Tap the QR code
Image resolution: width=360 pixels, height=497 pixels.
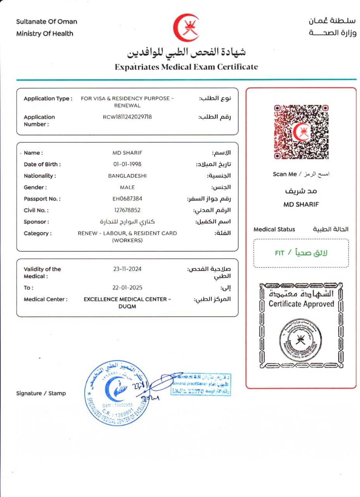pyautogui.click(x=301, y=132)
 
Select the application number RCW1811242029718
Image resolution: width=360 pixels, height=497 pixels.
pyautogui.click(x=127, y=117)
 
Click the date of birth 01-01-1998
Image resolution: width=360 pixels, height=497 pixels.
pyautogui.click(x=127, y=164)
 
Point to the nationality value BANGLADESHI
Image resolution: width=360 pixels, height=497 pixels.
pyautogui.click(x=127, y=176)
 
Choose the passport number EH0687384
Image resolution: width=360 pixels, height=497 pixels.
pyautogui.click(x=127, y=199)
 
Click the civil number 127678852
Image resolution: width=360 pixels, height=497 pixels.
pyautogui.click(x=127, y=210)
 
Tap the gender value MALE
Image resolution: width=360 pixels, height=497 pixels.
pyautogui.click(x=127, y=187)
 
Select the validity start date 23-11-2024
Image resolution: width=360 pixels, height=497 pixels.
pyautogui.click(x=127, y=269)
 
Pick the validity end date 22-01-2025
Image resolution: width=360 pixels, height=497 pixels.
pyautogui.click(x=127, y=288)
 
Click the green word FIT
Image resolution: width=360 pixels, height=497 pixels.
pyautogui.click(x=279, y=253)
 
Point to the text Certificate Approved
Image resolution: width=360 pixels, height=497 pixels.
pyautogui.click(x=301, y=304)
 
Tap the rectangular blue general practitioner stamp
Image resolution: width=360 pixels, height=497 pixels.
pyautogui.click(x=201, y=384)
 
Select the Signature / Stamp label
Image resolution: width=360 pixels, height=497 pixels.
pyautogui.click(x=41, y=393)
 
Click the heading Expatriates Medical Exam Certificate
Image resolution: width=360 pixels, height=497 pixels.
pyautogui.click(x=186, y=67)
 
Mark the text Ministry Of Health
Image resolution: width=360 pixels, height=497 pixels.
pyautogui.click(x=45, y=34)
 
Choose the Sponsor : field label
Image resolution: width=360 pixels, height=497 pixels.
pyautogui.click(x=36, y=222)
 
